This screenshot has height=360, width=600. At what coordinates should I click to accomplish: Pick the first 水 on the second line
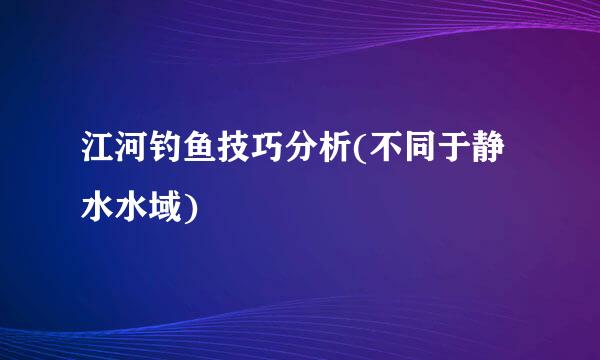coord(100,207)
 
